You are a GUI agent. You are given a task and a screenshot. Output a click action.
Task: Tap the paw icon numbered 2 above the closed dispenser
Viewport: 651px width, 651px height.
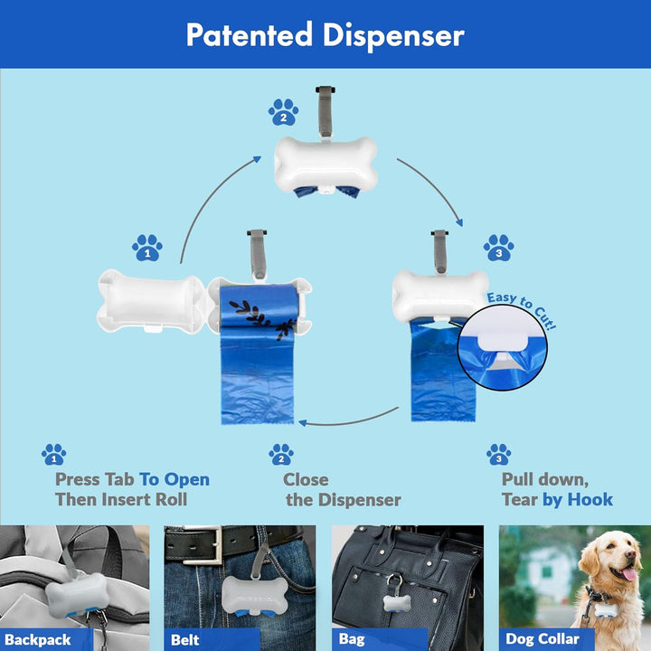click(283, 113)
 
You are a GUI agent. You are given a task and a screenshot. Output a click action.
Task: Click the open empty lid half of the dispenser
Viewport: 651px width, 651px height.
click(148, 302)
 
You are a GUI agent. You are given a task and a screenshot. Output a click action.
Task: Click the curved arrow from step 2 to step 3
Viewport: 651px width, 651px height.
click(433, 190)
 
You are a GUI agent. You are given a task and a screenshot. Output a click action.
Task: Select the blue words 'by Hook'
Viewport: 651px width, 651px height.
click(577, 499)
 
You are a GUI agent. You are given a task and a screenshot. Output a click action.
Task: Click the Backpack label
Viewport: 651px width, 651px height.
click(37, 638)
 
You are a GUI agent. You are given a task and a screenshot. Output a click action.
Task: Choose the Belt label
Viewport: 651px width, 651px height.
click(184, 638)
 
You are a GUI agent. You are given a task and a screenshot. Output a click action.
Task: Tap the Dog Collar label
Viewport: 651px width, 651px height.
click(542, 638)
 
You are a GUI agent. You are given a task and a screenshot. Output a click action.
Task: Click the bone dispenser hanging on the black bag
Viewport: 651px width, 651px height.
click(396, 603)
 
